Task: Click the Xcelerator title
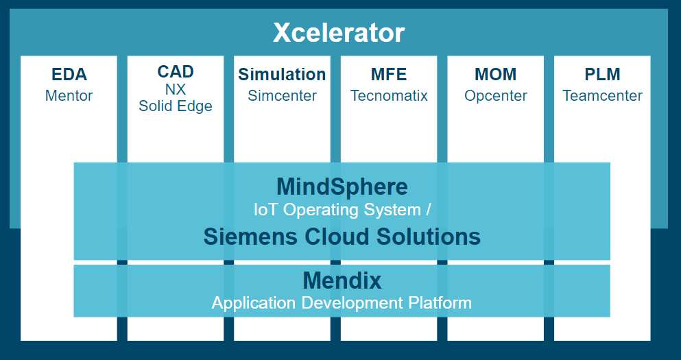(339, 33)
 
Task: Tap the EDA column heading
(69, 74)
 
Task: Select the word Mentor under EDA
(69, 95)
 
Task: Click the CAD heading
(176, 71)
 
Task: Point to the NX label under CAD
(176, 89)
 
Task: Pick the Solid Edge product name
(176, 106)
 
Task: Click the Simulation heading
(282, 74)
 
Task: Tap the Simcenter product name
(283, 95)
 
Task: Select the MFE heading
(389, 74)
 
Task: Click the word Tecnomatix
(389, 95)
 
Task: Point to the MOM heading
(496, 74)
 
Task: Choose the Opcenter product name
(496, 95)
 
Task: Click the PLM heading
(602, 74)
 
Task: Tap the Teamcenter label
(602, 95)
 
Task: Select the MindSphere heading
(342, 187)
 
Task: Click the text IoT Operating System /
(342, 210)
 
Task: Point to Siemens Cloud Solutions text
(342, 237)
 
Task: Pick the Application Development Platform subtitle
(342, 302)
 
